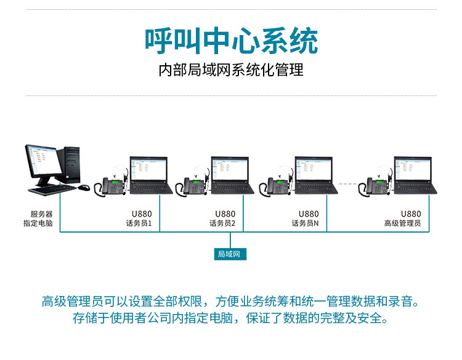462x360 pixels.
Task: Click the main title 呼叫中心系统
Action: pyautogui.click(x=231, y=41)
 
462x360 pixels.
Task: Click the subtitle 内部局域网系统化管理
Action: pyautogui.click(x=231, y=70)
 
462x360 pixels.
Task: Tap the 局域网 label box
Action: pyautogui.click(x=231, y=254)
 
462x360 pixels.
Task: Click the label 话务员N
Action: pyautogui.click(x=306, y=223)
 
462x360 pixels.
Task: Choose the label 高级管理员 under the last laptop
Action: pyautogui.click(x=402, y=223)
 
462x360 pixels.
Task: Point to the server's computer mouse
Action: pyautogui.click(x=84, y=188)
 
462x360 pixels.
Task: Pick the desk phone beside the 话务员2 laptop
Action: pyautogui.click(x=194, y=185)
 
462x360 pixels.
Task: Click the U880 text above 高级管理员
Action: pyautogui.click(x=411, y=214)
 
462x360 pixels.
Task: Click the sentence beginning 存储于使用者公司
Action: pyautogui.click(x=230, y=319)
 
